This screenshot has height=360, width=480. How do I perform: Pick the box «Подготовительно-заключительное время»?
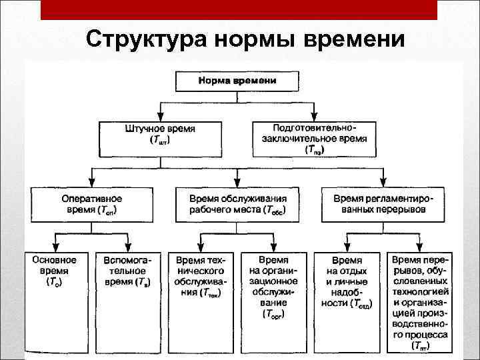click(x=315, y=138)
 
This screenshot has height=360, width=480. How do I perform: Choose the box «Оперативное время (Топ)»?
click(x=92, y=205)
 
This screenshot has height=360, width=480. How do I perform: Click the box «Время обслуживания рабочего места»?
click(x=238, y=205)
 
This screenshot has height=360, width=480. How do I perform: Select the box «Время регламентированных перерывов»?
click(x=389, y=205)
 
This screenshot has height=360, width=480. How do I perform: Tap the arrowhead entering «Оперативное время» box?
click(x=92, y=183)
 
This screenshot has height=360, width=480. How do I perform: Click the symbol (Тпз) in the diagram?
click(x=314, y=151)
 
